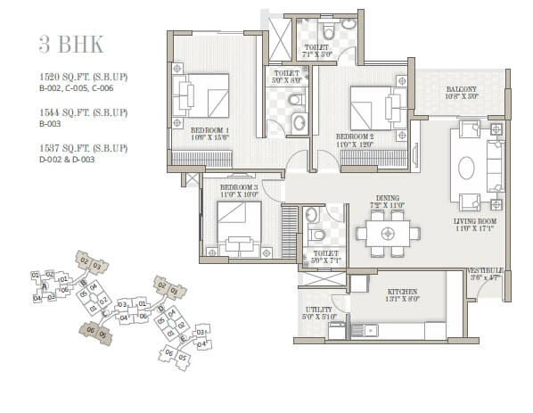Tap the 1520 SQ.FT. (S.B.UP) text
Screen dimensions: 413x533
click(x=83, y=77)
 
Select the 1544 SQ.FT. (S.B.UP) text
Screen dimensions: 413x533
click(x=83, y=112)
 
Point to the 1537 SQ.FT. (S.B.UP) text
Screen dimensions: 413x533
click(x=83, y=148)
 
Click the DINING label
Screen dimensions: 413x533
click(x=387, y=199)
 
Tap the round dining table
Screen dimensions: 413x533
click(x=387, y=234)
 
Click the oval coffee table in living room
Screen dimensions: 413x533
click(x=465, y=168)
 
